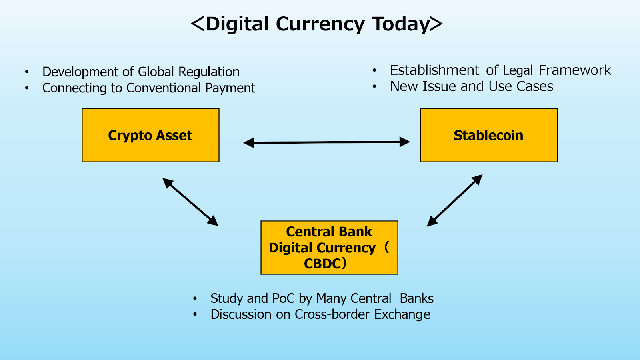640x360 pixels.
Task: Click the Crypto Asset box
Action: tap(150, 135)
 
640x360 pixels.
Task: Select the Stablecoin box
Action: tap(489, 135)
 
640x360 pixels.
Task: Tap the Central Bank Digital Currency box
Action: tap(329, 248)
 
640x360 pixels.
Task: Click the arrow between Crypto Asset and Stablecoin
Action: tap(326, 142)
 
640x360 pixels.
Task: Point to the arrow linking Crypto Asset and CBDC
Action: tap(190, 202)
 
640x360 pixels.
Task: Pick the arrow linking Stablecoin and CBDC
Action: tap(454, 200)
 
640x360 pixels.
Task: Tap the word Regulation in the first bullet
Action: tap(209, 72)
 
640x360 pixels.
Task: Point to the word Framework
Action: tap(574, 70)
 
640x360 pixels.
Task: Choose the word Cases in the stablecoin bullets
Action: tap(535, 86)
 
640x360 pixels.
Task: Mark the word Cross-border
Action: tap(332, 314)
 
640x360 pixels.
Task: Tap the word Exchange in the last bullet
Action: tap(402, 314)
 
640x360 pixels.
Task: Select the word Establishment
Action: tap(434, 70)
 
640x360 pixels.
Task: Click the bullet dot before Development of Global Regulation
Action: tap(27, 72)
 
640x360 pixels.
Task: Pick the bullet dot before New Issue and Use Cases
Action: tap(374, 86)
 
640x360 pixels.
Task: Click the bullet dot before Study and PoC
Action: tap(195, 298)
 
